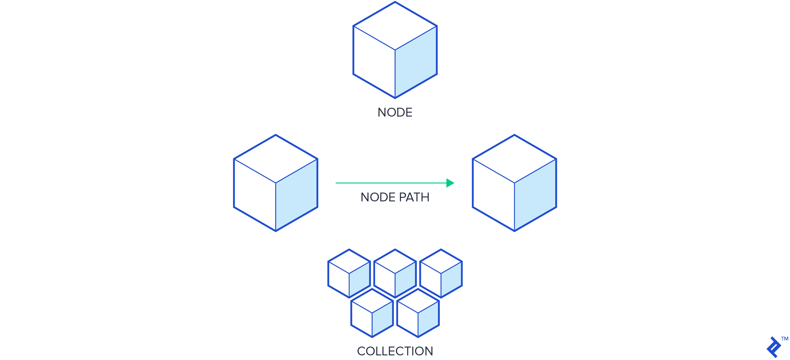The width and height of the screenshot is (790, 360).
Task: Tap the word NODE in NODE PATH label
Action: (x=378, y=197)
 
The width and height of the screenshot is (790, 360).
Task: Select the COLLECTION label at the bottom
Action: (x=395, y=351)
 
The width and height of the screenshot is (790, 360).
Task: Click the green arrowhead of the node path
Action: (x=450, y=183)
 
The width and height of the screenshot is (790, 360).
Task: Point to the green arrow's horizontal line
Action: (x=389, y=183)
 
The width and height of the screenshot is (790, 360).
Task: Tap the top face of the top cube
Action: (x=395, y=26)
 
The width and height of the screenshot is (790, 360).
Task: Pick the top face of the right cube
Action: (x=514, y=159)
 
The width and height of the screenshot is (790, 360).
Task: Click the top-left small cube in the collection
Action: (x=349, y=274)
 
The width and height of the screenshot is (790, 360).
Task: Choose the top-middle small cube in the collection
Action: (x=395, y=274)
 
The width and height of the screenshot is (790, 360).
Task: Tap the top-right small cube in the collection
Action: (x=441, y=274)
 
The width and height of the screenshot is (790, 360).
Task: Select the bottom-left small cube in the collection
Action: (x=372, y=313)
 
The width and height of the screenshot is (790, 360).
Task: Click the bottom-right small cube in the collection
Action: (x=418, y=313)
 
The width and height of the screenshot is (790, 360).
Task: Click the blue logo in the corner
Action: (x=773, y=347)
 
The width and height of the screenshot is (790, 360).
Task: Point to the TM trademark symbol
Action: (x=784, y=339)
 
